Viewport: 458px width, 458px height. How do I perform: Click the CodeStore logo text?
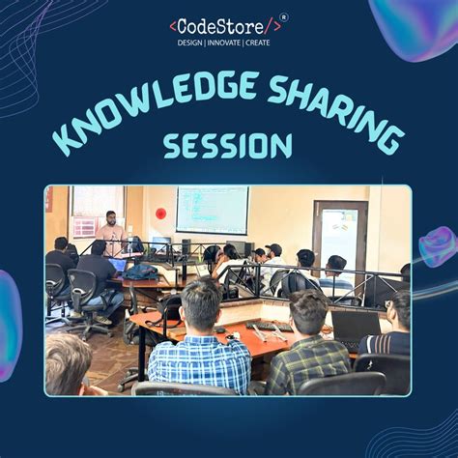[224, 25]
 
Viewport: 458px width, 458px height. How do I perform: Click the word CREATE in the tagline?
[258, 43]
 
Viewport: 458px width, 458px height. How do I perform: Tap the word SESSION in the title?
[227, 145]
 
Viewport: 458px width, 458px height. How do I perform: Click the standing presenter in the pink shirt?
[111, 231]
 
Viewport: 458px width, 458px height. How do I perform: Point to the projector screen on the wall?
[211, 209]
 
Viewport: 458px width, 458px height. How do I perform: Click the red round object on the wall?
[161, 213]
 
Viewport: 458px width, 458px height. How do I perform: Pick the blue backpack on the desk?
[142, 272]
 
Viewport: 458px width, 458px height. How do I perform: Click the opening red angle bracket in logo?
[172, 26]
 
